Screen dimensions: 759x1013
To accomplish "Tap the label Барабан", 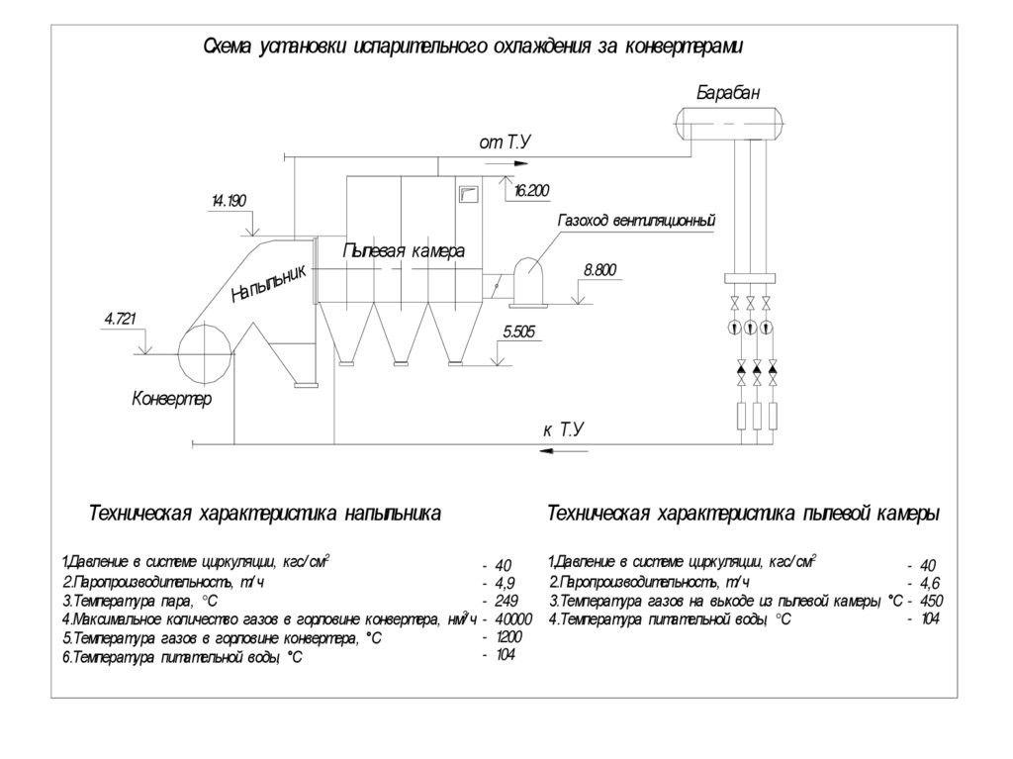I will coord(729,92).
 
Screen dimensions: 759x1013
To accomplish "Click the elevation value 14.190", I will coord(229,202).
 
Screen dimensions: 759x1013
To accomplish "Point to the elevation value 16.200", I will coord(531,191).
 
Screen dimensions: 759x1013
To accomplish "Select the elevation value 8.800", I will coord(600,269).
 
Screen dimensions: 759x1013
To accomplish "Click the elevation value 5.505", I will coord(518,332).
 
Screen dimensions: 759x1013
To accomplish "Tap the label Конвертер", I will coord(172,400).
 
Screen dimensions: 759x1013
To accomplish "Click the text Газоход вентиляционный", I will coord(636,220).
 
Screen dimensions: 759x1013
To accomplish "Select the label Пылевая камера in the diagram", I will coord(403,251).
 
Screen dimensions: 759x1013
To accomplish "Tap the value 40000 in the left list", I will coord(512,618).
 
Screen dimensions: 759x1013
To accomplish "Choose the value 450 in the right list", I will coord(931,601).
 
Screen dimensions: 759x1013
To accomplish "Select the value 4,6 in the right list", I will coord(928,583).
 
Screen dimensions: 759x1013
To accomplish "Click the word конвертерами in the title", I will coord(683,46).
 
